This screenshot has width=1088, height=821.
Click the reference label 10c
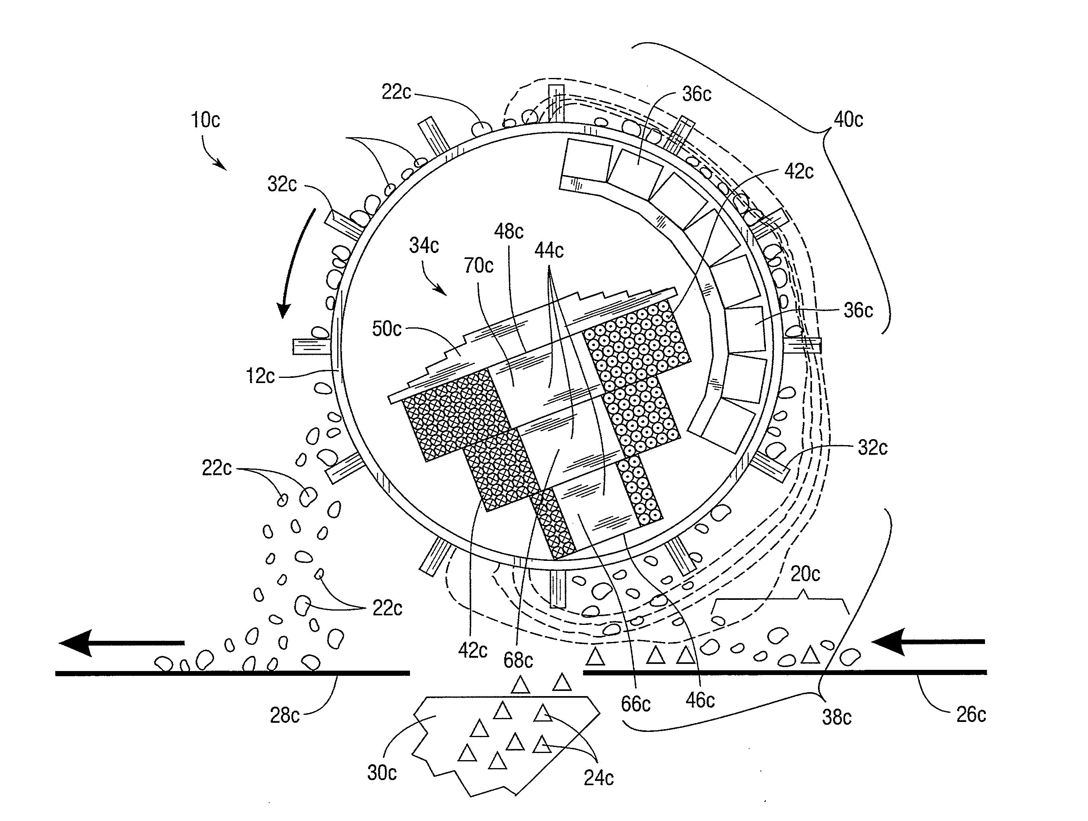click(x=205, y=120)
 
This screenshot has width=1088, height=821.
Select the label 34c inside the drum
click(x=424, y=245)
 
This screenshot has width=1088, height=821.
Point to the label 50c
click(x=387, y=329)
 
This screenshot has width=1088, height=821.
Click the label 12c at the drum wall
click(x=260, y=376)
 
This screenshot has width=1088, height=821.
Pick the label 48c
click(x=509, y=231)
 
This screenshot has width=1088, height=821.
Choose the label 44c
click(x=549, y=250)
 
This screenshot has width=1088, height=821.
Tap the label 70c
click(x=478, y=266)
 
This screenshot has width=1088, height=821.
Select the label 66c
click(x=635, y=704)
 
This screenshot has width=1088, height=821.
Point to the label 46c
click(x=700, y=700)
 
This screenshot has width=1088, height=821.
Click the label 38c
click(x=837, y=718)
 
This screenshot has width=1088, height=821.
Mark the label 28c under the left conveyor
click(x=285, y=715)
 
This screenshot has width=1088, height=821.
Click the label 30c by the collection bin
click(x=382, y=773)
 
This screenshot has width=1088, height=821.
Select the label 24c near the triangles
click(x=598, y=778)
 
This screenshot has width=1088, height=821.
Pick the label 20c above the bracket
click(x=805, y=574)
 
